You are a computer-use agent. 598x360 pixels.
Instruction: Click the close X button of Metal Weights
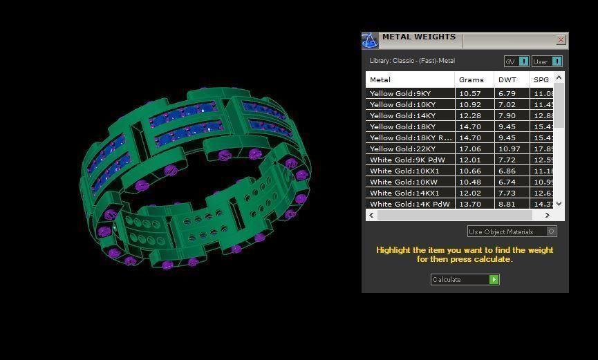(x=561, y=40)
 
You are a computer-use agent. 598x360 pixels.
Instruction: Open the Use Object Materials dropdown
(x=512, y=231)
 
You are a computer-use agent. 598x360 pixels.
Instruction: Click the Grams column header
(x=471, y=79)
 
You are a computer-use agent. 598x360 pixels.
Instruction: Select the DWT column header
(x=507, y=79)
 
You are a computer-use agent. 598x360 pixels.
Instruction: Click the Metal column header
(x=380, y=79)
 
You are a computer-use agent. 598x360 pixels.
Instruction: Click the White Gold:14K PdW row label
(x=409, y=204)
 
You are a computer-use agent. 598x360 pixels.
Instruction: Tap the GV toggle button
(x=516, y=61)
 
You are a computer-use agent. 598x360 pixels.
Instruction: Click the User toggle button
(x=546, y=61)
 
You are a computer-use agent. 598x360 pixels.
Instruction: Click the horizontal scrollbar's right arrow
(x=548, y=215)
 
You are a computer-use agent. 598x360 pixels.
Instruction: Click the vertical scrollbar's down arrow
(x=559, y=203)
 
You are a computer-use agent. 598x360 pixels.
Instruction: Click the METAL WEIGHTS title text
(x=418, y=37)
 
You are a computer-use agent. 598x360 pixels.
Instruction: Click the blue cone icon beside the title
(x=370, y=41)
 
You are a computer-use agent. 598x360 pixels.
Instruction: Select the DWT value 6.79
(x=507, y=93)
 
